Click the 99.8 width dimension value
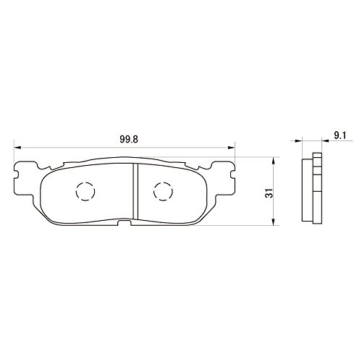129,139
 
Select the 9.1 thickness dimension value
340,135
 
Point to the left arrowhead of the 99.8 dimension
17,147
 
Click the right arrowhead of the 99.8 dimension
232,147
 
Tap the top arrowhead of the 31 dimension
273,161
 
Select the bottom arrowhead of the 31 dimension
273,222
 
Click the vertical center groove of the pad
135,192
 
